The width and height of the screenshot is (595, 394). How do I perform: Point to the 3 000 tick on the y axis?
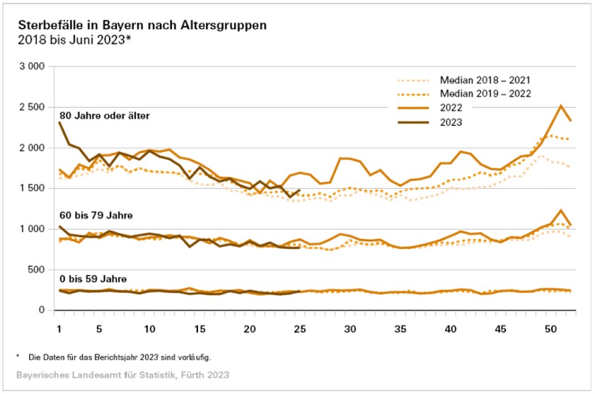pos(31,66)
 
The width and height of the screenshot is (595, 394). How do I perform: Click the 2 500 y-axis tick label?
pos(31,107)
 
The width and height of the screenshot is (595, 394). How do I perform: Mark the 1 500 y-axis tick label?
pos(31,188)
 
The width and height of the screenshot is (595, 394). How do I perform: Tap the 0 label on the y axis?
pos(42,310)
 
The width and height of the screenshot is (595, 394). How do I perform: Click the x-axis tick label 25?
pos(299,329)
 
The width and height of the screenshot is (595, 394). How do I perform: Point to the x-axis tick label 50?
pos(550,329)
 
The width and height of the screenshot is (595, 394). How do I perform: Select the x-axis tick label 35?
pos(400,329)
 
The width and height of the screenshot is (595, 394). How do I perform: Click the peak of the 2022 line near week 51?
pos(560,106)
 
